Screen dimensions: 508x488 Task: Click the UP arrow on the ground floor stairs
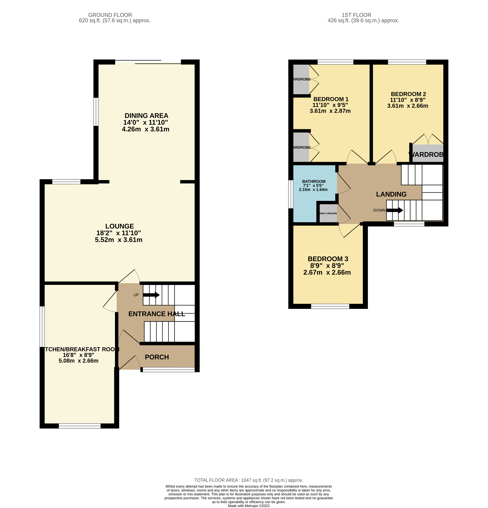(151, 295)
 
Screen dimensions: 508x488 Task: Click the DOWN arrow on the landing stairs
(395, 210)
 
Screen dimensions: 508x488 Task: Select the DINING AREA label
(146, 116)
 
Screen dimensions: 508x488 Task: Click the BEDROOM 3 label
(328, 259)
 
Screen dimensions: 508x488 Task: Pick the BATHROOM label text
(314, 181)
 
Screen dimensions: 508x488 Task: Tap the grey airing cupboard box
(328, 213)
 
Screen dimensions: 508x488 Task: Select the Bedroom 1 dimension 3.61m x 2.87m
(330, 111)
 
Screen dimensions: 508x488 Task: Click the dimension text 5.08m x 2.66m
(78, 361)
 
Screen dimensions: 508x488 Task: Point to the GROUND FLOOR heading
(110, 15)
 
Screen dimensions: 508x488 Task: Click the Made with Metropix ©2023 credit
(249, 506)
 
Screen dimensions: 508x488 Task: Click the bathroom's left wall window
(291, 194)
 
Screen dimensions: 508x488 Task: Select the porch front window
(168, 370)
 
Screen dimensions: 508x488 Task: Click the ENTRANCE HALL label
(157, 314)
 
